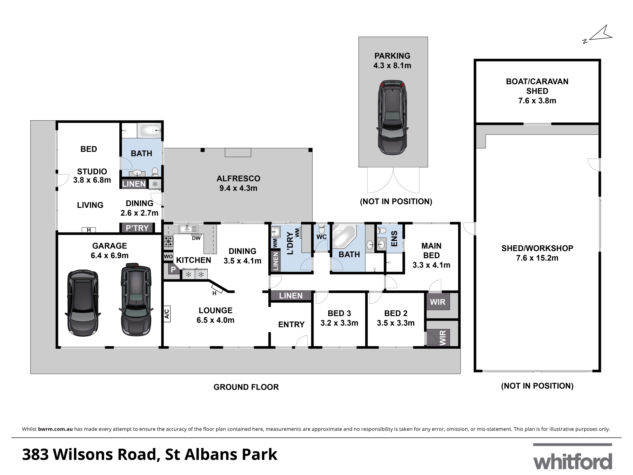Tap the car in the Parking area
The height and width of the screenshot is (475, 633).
pos(392,117)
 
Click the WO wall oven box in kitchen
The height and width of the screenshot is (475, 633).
pos(168,256)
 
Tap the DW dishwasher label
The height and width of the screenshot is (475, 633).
pos(196,238)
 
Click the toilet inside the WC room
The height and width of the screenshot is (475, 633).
pos(322,229)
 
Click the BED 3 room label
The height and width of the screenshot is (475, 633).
pos(339,313)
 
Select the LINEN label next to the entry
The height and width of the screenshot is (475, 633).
pos(291,296)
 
